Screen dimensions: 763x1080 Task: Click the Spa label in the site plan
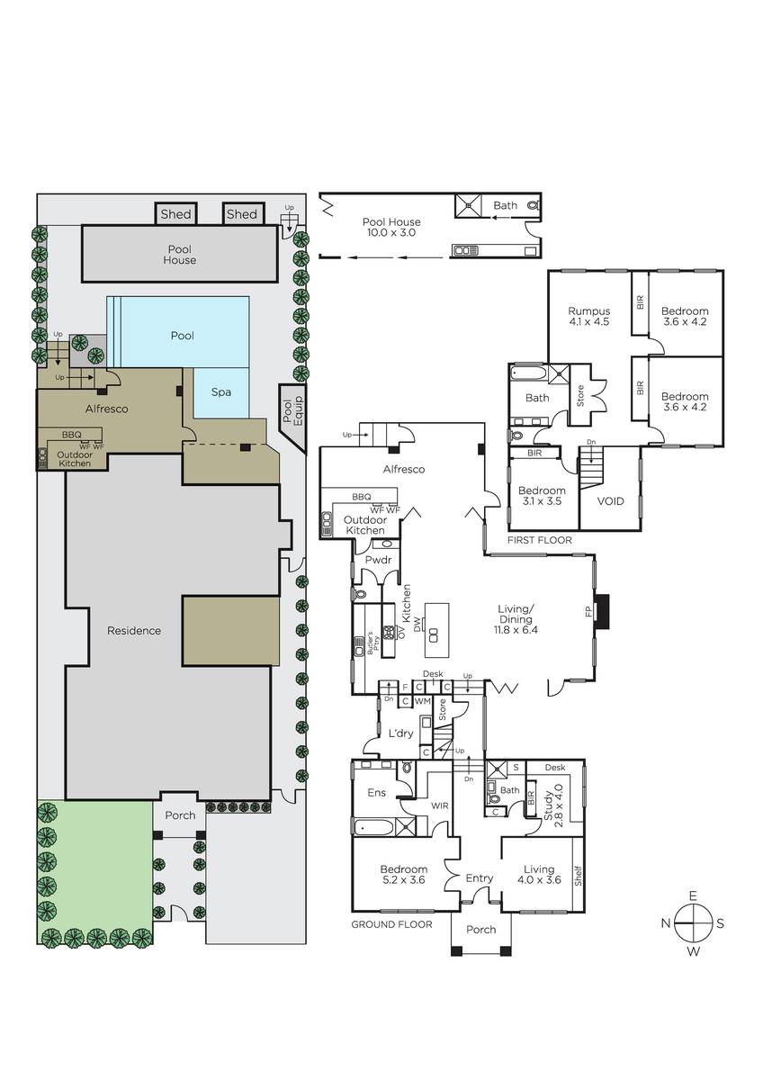tap(220, 392)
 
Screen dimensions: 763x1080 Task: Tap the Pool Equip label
tap(292, 409)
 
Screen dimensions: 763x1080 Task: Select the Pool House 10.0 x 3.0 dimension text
tap(391, 227)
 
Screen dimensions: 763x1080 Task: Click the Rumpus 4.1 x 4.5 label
tap(588, 316)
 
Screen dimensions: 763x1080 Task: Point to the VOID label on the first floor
tap(611, 501)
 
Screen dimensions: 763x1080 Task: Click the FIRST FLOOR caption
tap(539, 540)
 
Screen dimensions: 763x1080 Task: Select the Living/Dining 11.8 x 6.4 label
tap(516, 619)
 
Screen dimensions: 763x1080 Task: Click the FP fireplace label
tap(588, 612)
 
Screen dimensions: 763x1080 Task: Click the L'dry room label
tap(401, 733)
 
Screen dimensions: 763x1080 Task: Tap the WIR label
tap(439, 805)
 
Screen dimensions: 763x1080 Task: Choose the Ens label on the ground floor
tap(376, 793)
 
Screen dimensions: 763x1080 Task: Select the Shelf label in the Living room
tap(579, 876)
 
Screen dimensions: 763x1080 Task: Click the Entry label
tap(479, 878)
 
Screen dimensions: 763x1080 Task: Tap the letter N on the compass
tap(666, 923)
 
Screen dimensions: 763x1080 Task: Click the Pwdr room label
tap(379, 560)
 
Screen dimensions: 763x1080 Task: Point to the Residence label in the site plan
tap(134, 631)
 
